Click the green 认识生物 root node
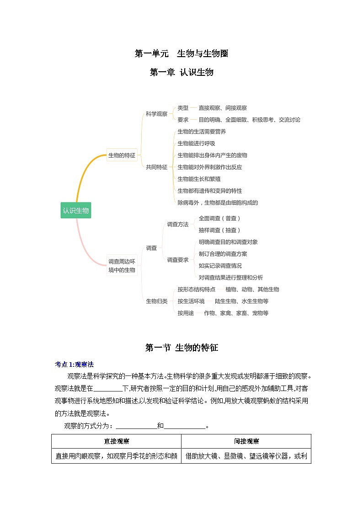[x=76, y=211]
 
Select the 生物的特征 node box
[x=122, y=155]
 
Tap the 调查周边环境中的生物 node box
[x=122, y=266]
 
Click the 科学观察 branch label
[x=156, y=114]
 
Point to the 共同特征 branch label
[x=156, y=167]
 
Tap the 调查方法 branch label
[x=177, y=224]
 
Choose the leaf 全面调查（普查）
[x=219, y=218]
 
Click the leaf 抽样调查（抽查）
[x=219, y=230]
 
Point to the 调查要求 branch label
[x=177, y=260]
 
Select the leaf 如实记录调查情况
[x=220, y=266]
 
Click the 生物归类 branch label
[x=156, y=301]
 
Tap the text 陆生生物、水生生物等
[x=241, y=301]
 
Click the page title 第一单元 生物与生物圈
[x=181, y=54]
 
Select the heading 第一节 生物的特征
[x=181, y=348]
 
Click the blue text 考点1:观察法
[x=74, y=365]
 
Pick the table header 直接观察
[x=116, y=441]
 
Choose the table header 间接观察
[x=246, y=441]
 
